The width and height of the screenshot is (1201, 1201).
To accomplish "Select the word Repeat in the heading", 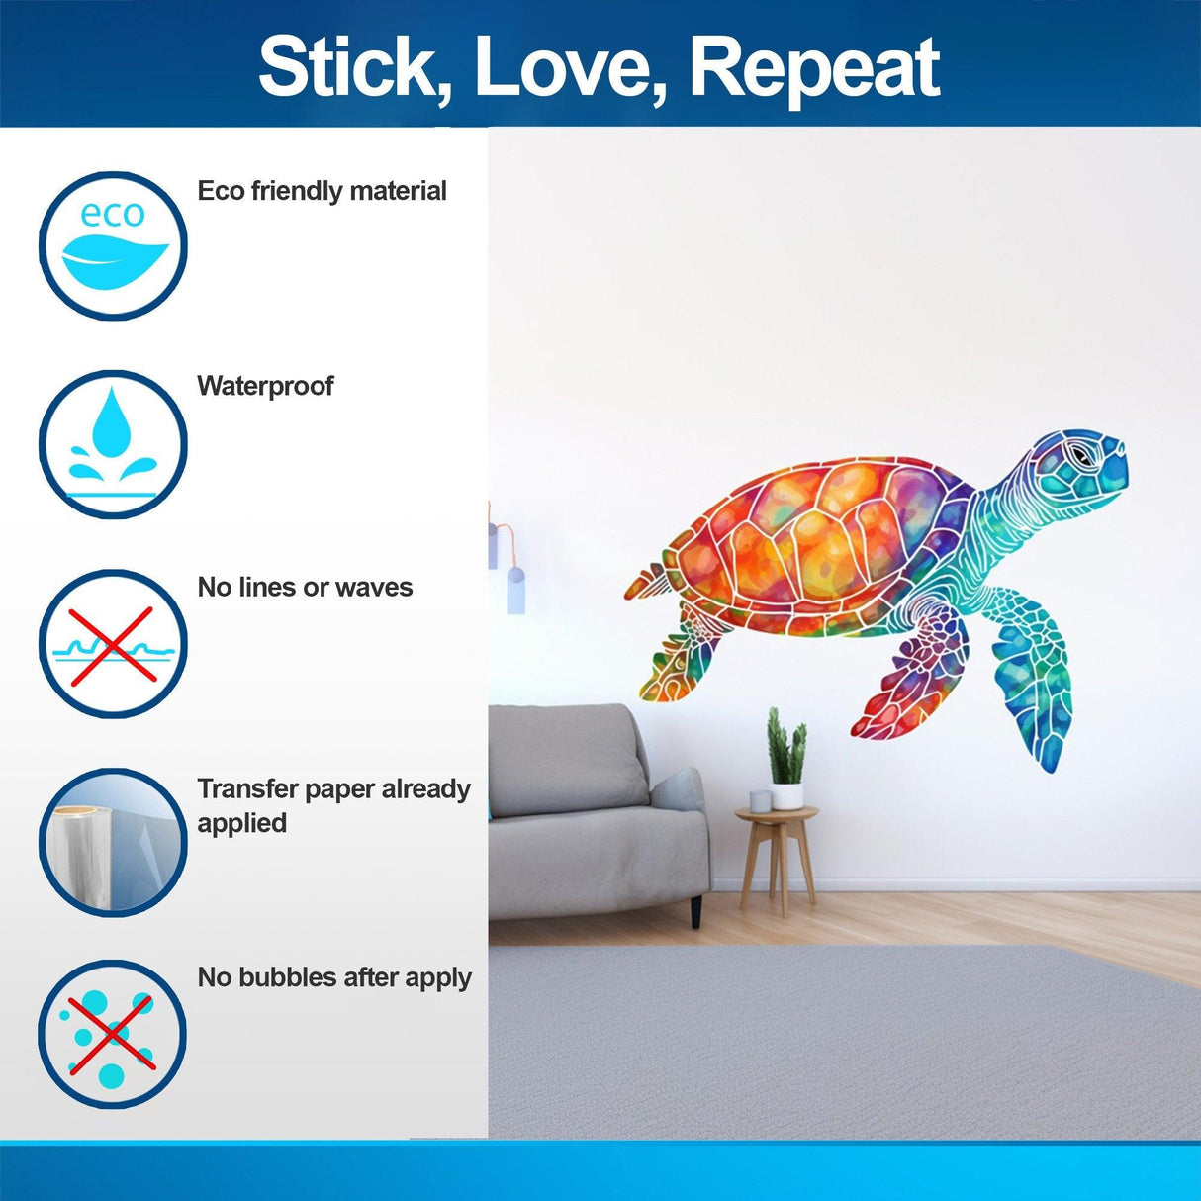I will pyautogui.click(x=813, y=67).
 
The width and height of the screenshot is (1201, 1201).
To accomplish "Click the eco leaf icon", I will pyautogui.click(x=113, y=246).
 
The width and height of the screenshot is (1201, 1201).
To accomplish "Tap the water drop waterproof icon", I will pyautogui.click(x=113, y=444).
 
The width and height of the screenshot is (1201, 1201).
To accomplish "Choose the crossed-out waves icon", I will pyautogui.click(x=113, y=644).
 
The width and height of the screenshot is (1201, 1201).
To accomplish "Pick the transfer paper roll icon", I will pyautogui.click(x=113, y=842).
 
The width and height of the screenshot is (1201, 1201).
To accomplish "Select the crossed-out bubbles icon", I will pyautogui.click(x=113, y=1034).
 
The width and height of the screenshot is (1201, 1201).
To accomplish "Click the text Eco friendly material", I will pyautogui.click(x=322, y=191).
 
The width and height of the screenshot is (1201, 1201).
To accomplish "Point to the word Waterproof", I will pyautogui.click(x=265, y=386).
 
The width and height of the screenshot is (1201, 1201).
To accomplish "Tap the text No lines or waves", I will pyautogui.click(x=305, y=588).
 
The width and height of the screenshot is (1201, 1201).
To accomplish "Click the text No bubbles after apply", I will pyautogui.click(x=334, y=977).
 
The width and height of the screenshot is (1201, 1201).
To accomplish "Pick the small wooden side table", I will pyautogui.click(x=778, y=851).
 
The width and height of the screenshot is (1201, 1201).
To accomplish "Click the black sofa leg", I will pyautogui.click(x=696, y=910).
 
